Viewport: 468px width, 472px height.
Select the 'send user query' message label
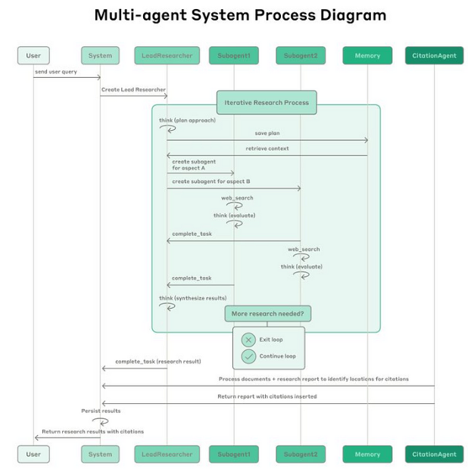[x=55, y=72]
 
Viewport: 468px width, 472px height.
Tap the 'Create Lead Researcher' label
[x=133, y=89]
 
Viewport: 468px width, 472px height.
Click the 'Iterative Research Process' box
[x=266, y=102]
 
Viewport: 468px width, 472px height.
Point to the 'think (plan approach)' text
[x=187, y=120]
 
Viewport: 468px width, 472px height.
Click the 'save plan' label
[x=267, y=133]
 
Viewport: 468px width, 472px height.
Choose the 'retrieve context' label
[x=267, y=148]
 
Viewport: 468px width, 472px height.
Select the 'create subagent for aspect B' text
[x=211, y=182]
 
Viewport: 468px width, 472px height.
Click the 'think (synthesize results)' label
[x=192, y=298]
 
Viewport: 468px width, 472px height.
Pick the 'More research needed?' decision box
[x=267, y=313]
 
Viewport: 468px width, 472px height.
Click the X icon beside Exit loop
[x=248, y=340]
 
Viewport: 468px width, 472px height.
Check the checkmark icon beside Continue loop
[x=248, y=356]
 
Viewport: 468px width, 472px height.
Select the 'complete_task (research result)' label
[x=158, y=362]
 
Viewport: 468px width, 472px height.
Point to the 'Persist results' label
[x=101, y=411]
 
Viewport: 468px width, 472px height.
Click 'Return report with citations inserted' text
[x=267, y=396]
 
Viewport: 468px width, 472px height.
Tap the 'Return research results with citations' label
[x=92, y=431]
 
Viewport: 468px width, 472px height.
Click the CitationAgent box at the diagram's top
[x=434, y=55]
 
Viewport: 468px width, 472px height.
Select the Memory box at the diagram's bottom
[x=367, y=454]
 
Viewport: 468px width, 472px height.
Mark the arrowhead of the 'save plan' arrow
[x=366, y=140]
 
